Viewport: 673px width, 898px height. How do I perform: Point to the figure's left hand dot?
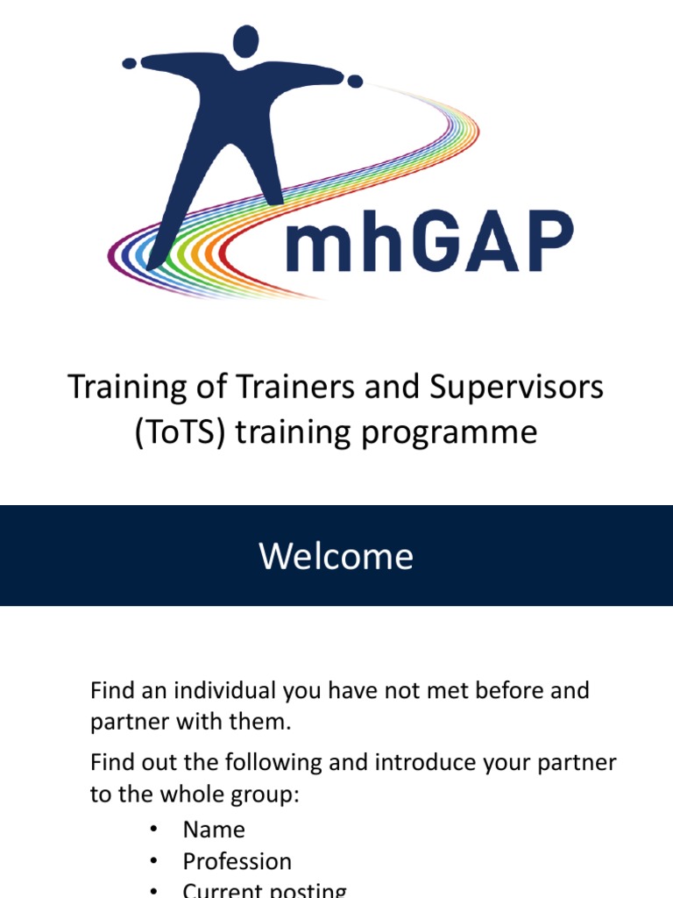[x=130, y=63]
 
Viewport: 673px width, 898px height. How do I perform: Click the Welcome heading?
[x=336, y=556]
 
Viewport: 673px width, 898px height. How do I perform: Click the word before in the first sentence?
[x=497, y=690]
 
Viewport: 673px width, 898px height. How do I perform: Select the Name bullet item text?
[x=214, y=830]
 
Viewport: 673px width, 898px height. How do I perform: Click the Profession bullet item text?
[x=237, y=862]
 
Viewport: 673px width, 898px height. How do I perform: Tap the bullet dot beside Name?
[x=154, y=830]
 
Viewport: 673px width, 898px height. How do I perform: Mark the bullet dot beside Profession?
[x=154, y=862]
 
